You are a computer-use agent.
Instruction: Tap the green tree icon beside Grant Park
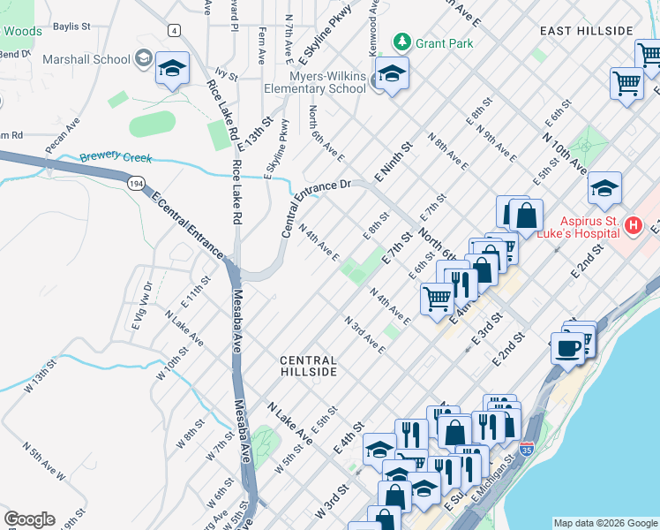pyautogui.click(x=402, y=42)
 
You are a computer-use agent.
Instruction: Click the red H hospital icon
pyautogui.click(x=632, y=226)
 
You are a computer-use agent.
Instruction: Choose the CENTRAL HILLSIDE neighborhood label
pyautogui.click(x=308, y=367)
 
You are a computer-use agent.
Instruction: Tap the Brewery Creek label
pyautogui.click(x=116, y=158)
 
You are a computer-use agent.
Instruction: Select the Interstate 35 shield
pyautogui.click(x=528, y=449)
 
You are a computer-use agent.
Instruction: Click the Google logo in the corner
pyautogui.click(x=29, y=519)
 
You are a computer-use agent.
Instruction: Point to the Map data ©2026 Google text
pyautogui.click(x=604, y=522)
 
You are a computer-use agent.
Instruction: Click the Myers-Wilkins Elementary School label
pyautogui.click(x=315, y=82)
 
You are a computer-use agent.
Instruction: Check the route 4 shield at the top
pyautogui.click(x=175, y=30)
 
